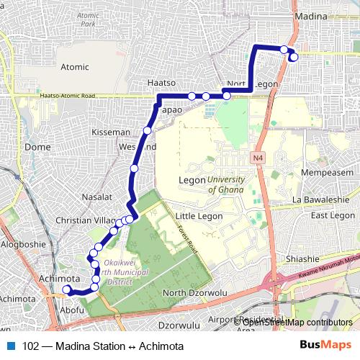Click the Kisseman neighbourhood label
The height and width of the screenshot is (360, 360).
[x=111, y=132]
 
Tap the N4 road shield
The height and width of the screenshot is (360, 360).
[x=258, y=157]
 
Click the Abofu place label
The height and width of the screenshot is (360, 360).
[x=72, y=310]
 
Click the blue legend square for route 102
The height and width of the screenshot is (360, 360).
[x=12, y=346]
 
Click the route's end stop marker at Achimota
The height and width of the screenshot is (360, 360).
[x=67, y=290]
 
